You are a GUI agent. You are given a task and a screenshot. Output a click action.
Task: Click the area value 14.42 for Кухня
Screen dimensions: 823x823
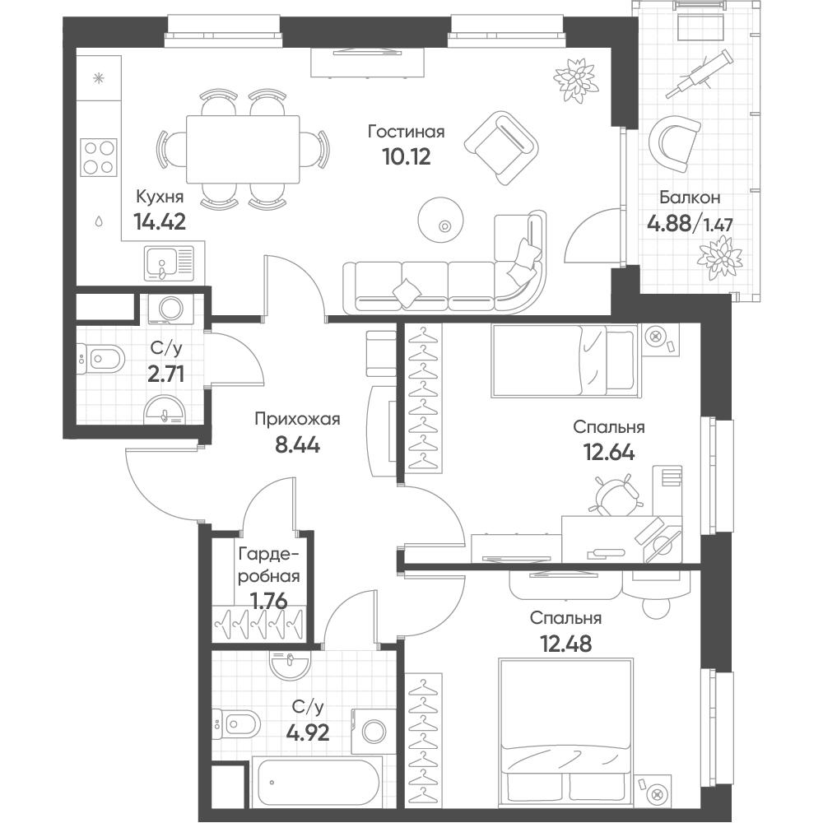click(x=160, y=221)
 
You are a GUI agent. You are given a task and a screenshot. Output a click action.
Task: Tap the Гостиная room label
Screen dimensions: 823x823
click(x=407, y=131)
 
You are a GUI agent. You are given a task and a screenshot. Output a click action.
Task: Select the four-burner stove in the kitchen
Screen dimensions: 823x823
click(x=99, y=157)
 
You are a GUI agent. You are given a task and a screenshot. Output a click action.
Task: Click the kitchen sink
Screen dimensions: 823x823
click(x=170, y=263)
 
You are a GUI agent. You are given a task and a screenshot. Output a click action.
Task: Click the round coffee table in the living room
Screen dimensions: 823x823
click(x=441, y=220)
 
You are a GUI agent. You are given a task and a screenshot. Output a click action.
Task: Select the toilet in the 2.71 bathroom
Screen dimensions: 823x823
click(x=100, y=360)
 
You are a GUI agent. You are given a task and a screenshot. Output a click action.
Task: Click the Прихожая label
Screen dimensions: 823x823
click(x=297, y=419)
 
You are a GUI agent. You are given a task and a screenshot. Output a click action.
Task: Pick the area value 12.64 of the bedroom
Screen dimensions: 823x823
click(x=609, y=452)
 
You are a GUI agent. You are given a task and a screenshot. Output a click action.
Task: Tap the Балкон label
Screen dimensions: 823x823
click(x=690, y=198)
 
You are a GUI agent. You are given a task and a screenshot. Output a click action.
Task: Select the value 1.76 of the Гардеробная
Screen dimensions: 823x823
click(x=269, y=602)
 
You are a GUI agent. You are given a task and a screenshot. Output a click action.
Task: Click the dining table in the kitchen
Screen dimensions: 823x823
click(x=243, y=149)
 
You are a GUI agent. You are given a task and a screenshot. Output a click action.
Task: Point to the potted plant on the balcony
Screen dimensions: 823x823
click(x=719, y=258)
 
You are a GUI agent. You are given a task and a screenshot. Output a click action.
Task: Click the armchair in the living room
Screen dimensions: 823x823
click(x=501, y=147)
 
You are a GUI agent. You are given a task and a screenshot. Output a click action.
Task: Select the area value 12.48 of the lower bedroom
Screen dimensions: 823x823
click(x=566, y=644)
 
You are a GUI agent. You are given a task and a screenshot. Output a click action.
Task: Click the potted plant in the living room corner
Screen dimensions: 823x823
click(x=576, y=81)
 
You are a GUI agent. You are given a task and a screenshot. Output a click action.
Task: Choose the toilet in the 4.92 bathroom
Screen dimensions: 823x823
click(x=236, y=725)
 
